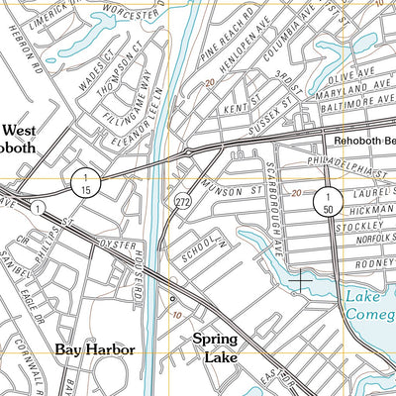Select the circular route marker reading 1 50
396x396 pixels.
coord(325,204)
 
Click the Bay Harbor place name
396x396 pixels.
coord(94,350)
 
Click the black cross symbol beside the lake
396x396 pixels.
coord(298,282)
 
